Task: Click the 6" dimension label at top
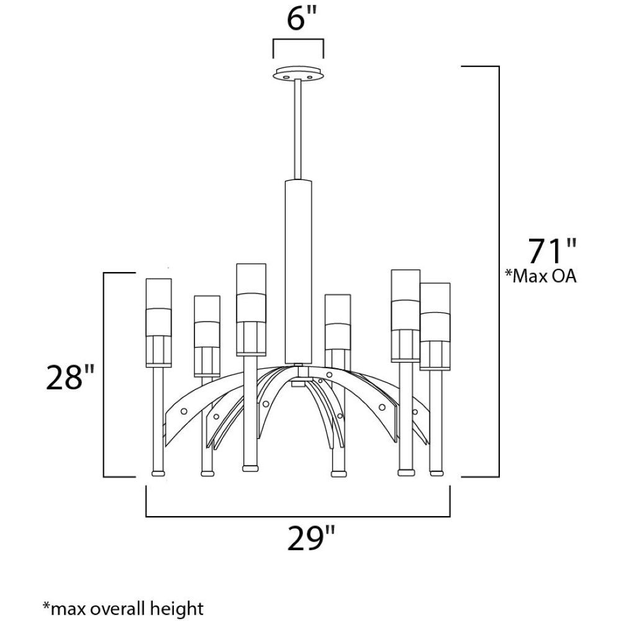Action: (302, 20)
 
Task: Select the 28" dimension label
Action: (70, 378)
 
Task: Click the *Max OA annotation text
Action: (540, 276)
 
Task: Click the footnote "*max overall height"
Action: (123, 608)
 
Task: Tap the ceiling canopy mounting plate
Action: (298, 74)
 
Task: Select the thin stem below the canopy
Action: (298, 130)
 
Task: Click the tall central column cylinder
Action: (298, 271)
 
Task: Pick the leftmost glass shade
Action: (159, 322)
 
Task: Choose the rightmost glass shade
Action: (435, 327)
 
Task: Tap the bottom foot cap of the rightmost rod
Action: (437, 473)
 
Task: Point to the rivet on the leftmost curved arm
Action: (184, 412)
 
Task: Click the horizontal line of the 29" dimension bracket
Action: (298, 517)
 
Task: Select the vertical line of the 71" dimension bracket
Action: (499, 271)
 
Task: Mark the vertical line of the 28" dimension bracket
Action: (104, 374)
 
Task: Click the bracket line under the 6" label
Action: (298, 40)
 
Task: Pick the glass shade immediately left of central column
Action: (251, 310)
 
